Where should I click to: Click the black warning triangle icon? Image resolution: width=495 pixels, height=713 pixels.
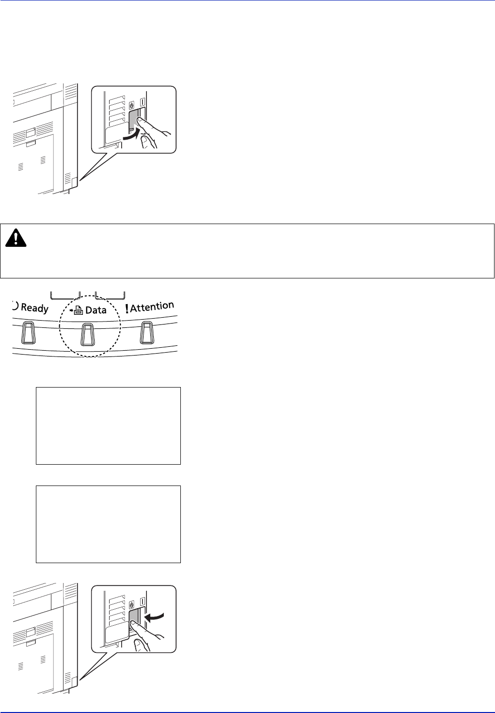16,238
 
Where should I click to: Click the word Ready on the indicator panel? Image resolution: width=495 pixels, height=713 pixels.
35,308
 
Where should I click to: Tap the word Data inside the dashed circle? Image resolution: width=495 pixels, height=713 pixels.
96,310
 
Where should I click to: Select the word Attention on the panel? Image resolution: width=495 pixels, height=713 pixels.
152,307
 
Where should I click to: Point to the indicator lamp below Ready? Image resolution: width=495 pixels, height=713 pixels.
28,333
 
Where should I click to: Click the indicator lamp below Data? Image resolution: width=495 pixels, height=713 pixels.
88,335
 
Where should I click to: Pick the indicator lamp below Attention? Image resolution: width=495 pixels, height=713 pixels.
147,333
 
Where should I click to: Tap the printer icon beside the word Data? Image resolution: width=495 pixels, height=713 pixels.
78,310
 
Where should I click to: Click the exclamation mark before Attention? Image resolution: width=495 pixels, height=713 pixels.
127,309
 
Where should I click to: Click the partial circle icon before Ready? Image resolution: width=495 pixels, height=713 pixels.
15,306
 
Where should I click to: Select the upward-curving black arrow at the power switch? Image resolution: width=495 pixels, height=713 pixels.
132,135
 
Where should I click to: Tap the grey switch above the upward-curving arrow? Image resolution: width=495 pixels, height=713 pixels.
134,119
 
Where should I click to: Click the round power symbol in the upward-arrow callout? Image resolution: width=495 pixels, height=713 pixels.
131,105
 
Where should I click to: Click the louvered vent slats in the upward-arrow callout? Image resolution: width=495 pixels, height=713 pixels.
117,111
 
